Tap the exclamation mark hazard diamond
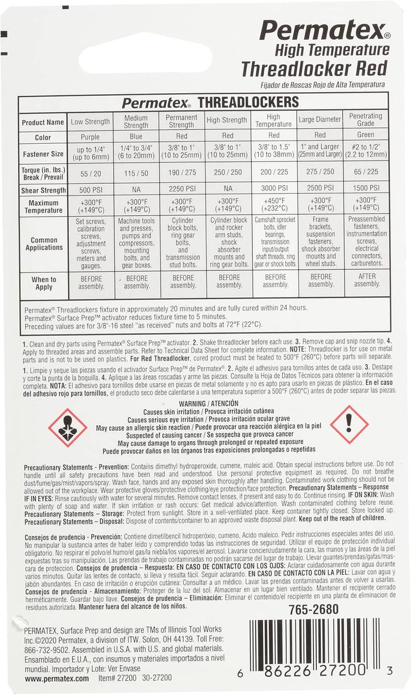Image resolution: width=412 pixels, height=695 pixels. [349, 424]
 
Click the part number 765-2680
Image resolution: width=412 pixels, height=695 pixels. [313, 609]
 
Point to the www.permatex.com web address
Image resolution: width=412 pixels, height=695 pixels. [57, 679]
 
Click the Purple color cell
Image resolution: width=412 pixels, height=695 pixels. [91, 137]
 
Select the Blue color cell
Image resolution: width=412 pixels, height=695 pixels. [136, 137]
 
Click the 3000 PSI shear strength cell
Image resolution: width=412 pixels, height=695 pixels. [274, 188]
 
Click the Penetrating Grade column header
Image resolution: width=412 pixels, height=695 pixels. [366, 120]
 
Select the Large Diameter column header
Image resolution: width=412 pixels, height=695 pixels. [320, 120]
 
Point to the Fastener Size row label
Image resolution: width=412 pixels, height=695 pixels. [43, 154]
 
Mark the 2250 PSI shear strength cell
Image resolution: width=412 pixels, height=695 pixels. [181, 188]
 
